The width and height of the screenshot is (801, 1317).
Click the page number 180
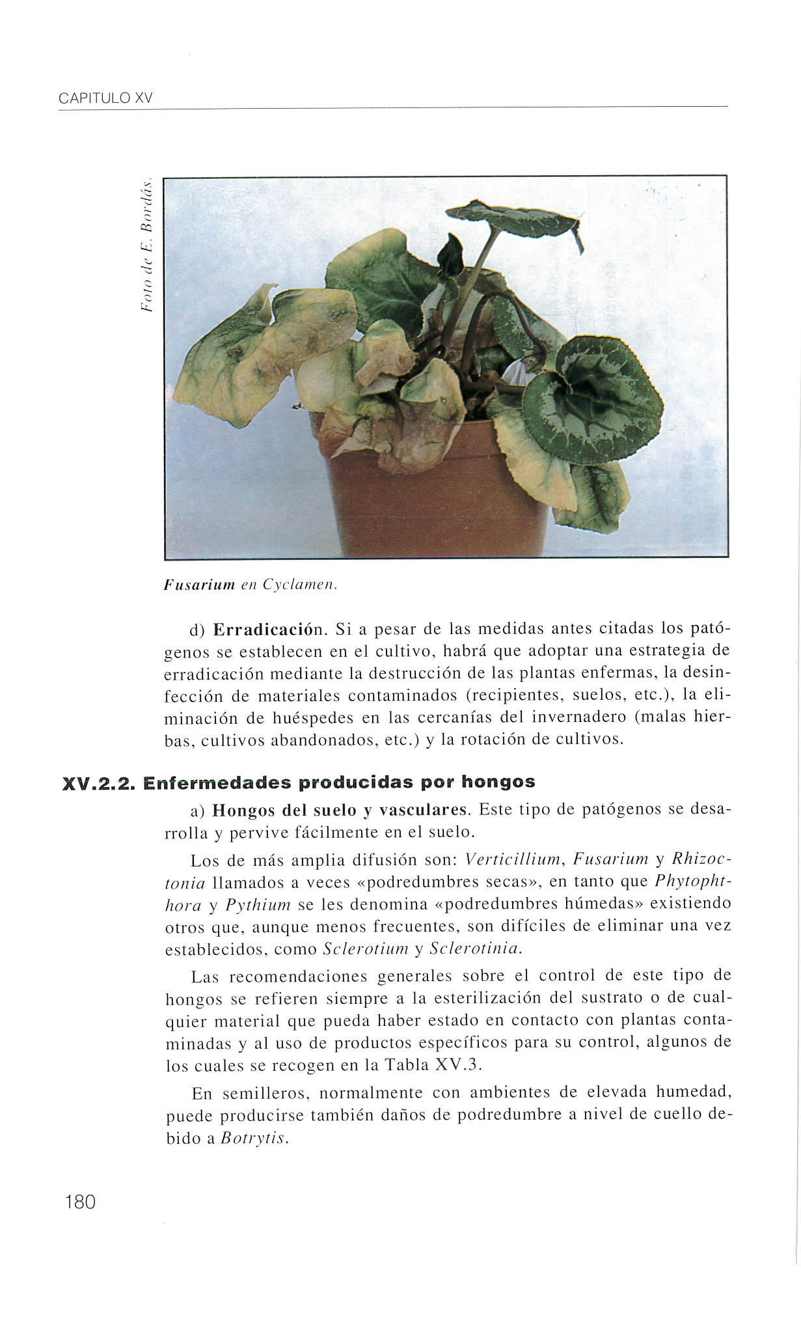click(x=81, y=1202)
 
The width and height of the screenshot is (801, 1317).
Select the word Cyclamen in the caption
click(x=298, y=585)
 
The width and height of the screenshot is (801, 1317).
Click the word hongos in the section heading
click(x=498, y=781)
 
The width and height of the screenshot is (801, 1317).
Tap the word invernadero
click(x=573, y=718)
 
